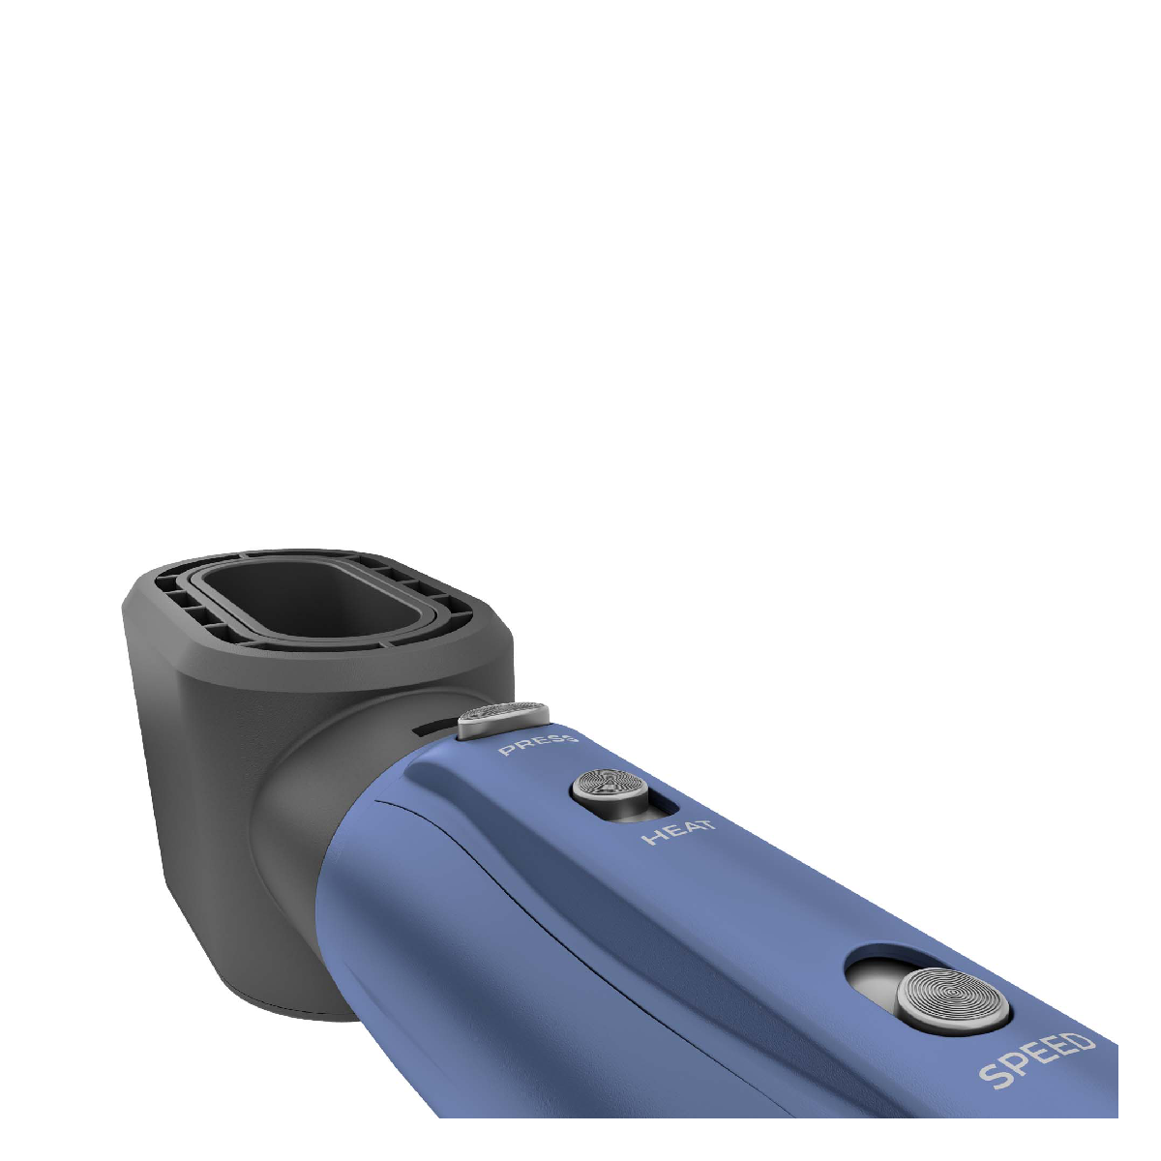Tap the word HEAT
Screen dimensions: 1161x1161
pyautogui.click(x=679, y=831)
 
